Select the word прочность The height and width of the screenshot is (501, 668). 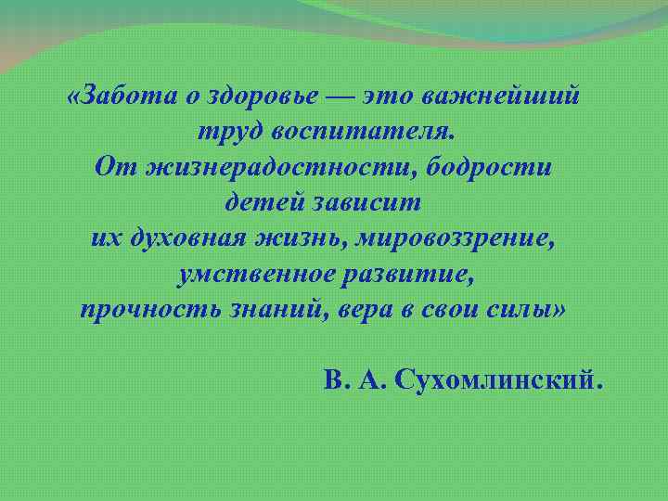click(x=150, y=309)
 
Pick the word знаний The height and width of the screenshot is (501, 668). click(x=274, y=309)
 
